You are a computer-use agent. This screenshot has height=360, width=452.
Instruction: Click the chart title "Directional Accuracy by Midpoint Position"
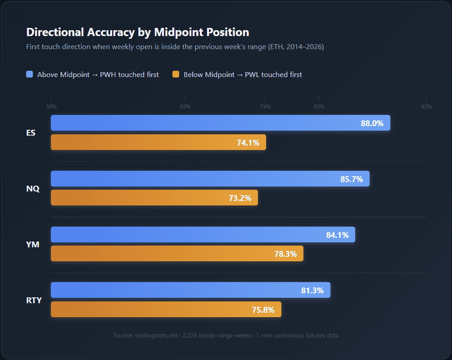coord(138,32)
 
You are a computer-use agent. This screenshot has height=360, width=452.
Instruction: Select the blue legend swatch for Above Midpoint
coord(30,75)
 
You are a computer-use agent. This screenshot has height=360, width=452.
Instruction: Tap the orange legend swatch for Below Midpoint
coord(176,75)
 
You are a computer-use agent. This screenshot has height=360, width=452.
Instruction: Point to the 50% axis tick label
coord(51,107)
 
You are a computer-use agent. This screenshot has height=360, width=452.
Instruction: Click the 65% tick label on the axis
coord(185,107)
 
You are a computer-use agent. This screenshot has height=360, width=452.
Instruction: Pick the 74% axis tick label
coord(265,107)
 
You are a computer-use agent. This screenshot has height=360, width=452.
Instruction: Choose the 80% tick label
coord(319,107)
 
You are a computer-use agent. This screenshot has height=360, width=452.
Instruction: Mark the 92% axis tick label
coord(426,107)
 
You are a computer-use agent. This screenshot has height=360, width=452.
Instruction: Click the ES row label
coord(31,133)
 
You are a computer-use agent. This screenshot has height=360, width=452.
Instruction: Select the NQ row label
coord(33,189)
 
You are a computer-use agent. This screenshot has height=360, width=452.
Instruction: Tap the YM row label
coord(33,244)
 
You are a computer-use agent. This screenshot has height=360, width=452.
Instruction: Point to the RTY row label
coord(34,300)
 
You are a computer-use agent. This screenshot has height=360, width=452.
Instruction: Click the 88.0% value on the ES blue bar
coord(372,123)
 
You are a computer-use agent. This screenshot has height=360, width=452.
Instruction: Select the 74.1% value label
coord(248,142)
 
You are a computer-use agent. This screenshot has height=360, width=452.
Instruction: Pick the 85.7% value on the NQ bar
coord(352,179)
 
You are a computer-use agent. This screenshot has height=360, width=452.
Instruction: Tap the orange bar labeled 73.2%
coord(154,198)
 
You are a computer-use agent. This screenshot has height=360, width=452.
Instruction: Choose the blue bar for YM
coord(203,234)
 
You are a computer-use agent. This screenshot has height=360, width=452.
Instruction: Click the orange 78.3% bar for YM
coord(177,254)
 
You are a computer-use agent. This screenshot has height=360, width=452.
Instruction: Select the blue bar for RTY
coord(190,290)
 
